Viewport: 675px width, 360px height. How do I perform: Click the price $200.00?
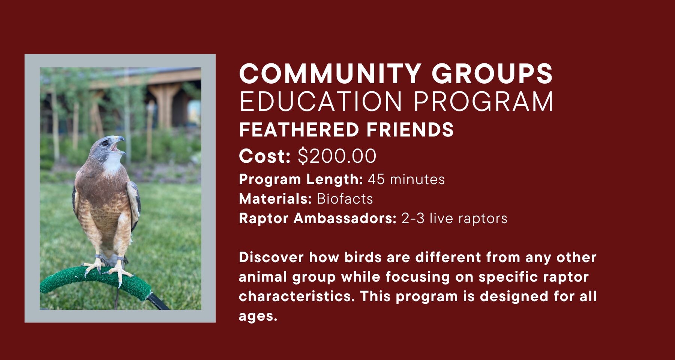coord(337,156)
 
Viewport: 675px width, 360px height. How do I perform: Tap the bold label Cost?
coord(265,156)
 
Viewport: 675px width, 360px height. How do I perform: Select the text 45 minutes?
coord(406,179)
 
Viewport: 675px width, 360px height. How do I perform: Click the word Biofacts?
coord(345,199)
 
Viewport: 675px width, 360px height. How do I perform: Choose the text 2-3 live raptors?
coord(454,218)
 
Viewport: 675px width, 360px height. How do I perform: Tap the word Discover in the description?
coord(271,258)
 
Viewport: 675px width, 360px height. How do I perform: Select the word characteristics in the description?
coord(296,297)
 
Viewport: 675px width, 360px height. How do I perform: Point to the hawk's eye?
coord(105,142)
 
